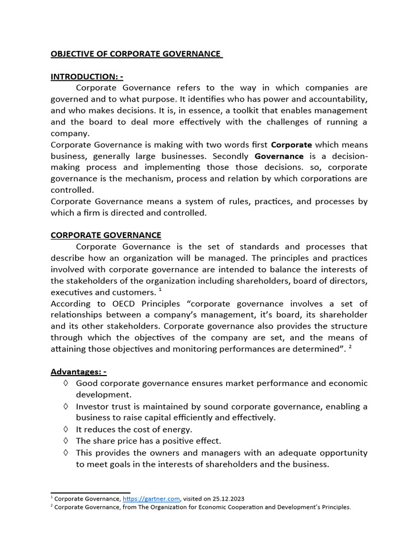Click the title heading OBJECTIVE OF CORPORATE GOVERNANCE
tap(136, 53)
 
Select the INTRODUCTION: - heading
tap(87, 76)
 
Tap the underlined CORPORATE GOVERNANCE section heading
tap(106, 235)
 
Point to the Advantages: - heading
tap(78, 372)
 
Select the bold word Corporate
tap(291, 145)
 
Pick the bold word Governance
tap(279, 156)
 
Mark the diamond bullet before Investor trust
tap(65, 406)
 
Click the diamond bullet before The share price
tap(65, 441)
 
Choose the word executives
tap(71, 293)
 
